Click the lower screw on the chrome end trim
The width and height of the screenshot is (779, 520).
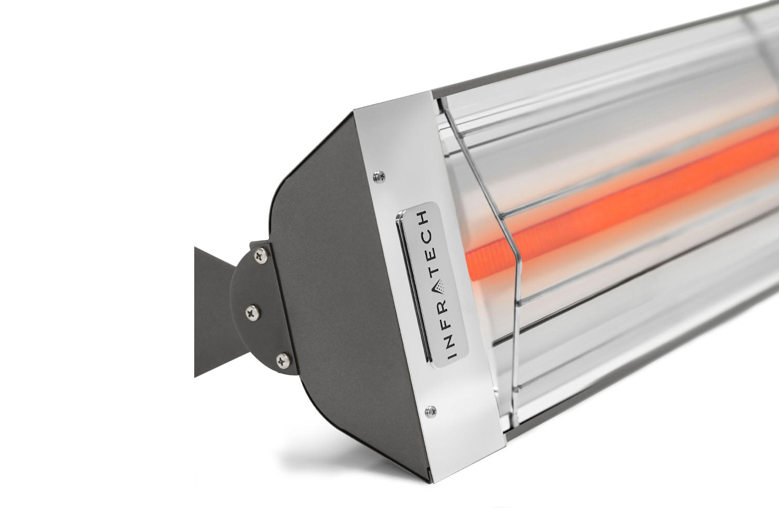[x=428, y=411]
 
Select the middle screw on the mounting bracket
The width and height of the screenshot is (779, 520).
[x=253, y=311]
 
